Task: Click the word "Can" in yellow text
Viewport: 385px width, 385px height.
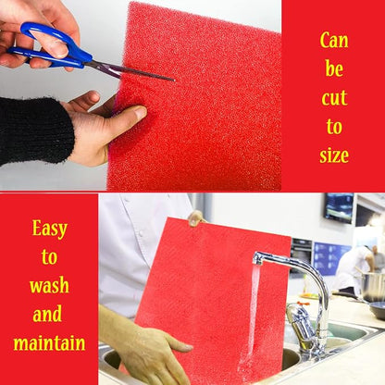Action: [334, 41]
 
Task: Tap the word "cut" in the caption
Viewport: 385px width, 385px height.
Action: [334, 98]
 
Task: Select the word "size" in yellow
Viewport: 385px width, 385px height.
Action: [334, 155]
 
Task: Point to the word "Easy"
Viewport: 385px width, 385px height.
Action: [50, 230]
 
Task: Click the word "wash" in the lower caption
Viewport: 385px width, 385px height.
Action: [49, 285]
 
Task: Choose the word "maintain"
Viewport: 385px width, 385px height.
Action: [49, 342]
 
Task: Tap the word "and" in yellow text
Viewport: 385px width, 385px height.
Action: [47, 314]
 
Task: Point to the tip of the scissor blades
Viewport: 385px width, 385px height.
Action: [174, 81]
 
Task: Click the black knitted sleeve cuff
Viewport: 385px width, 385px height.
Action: [36, 130]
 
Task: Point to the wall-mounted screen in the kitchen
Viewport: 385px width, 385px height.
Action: [339, 207]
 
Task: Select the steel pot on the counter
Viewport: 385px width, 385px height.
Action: [373, 287]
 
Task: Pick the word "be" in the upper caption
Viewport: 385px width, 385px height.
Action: [334, 68]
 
